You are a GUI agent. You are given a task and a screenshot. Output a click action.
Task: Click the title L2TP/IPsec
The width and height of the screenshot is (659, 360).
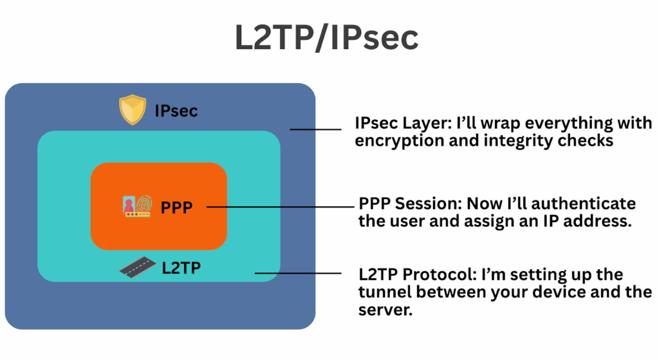(326, 38)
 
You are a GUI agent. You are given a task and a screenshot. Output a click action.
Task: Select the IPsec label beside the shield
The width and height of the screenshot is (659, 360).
(176, 111)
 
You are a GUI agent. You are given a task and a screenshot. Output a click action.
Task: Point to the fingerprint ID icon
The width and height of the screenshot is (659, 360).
(136, 206)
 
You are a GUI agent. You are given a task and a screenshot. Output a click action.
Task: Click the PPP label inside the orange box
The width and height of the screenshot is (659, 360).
(175, 207)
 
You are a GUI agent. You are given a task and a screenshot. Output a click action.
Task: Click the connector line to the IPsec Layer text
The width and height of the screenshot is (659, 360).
(315, 129)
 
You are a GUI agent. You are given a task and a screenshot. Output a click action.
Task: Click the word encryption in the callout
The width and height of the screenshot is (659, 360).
(394, 141)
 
